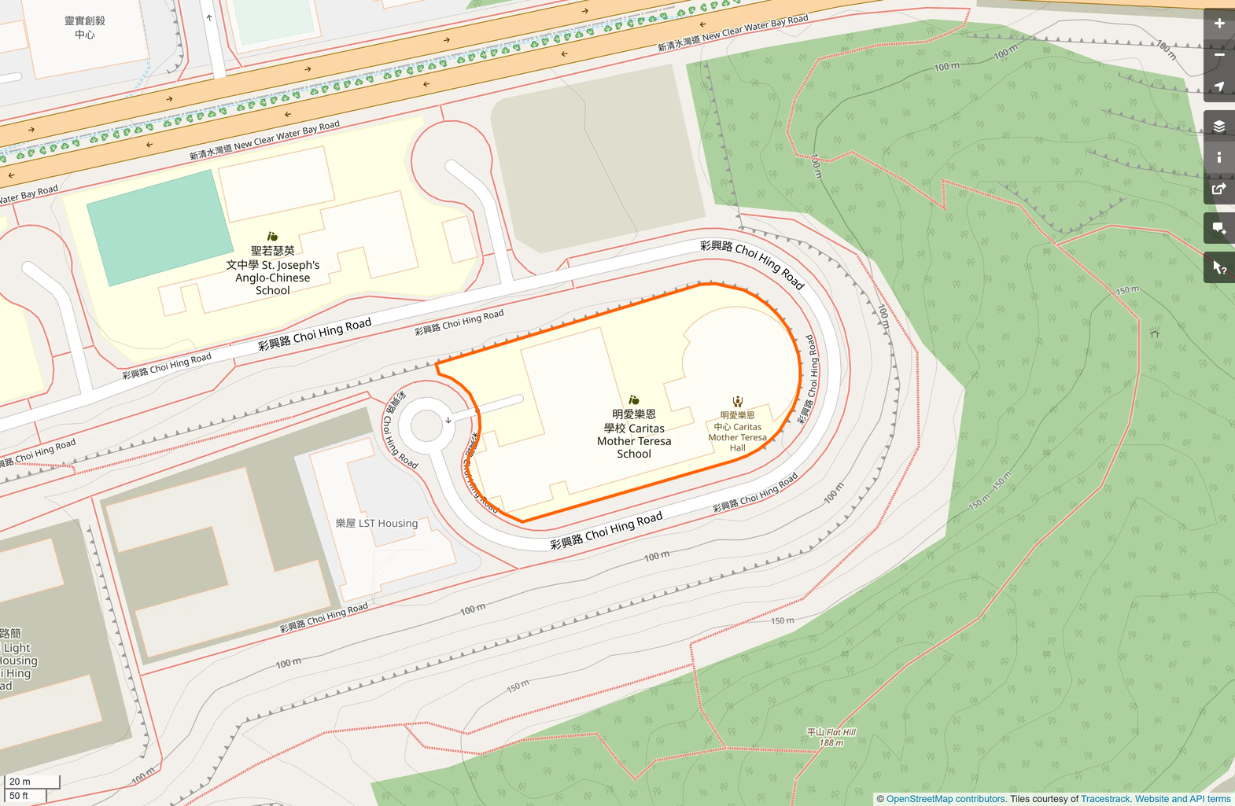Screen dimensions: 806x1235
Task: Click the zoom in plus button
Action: [x=1219, y=24]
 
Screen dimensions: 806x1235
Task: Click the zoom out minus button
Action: [x=1219, y=55]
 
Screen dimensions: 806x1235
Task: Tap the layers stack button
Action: [x=1219, y=126]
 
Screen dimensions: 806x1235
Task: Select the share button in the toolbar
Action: [x=1219, y=189]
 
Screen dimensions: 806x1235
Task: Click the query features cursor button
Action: [x=1219, y=268]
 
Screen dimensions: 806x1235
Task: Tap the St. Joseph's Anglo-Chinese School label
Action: [x=272, y=271]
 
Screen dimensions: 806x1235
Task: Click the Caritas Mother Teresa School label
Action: [x=634, y=434]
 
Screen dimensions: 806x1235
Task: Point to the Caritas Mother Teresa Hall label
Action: [x=737, y=432]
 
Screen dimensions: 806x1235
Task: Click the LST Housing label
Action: [x=377, y=523]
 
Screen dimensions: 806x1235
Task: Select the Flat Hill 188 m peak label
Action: [x=831, y=737]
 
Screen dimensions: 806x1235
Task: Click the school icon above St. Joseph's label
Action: [x=272, y=236]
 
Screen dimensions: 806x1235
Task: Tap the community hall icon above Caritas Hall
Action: [x=737, y=402]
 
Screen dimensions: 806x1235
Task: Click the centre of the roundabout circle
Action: [x=426, y=426]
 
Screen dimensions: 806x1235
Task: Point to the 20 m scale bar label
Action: [x=20, y=782]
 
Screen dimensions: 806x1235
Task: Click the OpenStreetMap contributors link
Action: [x=946, y=799]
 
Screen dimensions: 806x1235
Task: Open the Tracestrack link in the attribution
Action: [x=1105, y=799]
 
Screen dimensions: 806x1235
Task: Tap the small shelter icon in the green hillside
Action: [x=1155, y=333]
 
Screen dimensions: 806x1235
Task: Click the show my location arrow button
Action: [x=1219, y=86]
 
